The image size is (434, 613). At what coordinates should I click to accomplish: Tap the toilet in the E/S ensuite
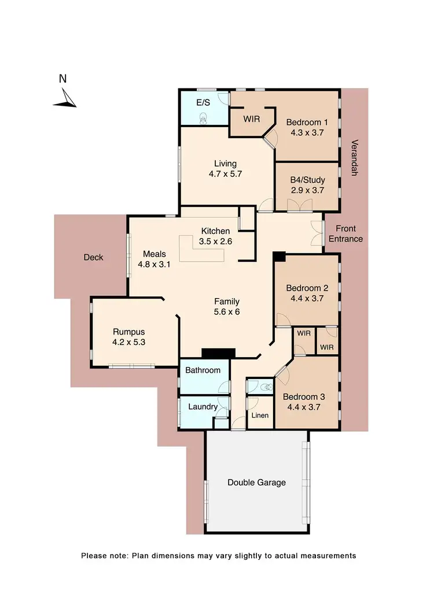tap(203, 118)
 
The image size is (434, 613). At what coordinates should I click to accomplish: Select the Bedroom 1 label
tap(307, 122)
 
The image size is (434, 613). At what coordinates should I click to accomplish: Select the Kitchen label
tap(216, 232)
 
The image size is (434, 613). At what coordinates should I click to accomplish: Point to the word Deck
tap(93, 257)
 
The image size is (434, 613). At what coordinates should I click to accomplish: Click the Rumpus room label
tap(128, 332)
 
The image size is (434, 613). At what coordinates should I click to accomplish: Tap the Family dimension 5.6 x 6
tap(227, 311)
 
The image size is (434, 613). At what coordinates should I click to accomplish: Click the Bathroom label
tap(203, 370)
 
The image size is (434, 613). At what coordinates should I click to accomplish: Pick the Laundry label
tap(203, 407)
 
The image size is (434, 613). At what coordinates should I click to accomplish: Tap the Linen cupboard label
tap(260, 415)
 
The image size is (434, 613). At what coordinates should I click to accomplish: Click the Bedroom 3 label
tap(304, 397)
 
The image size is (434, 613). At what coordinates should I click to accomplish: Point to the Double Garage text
tap(256, 482)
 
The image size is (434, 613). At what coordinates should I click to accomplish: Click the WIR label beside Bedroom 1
tap(251, 119)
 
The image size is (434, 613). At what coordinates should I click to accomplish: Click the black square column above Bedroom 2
tap(279, 257)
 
